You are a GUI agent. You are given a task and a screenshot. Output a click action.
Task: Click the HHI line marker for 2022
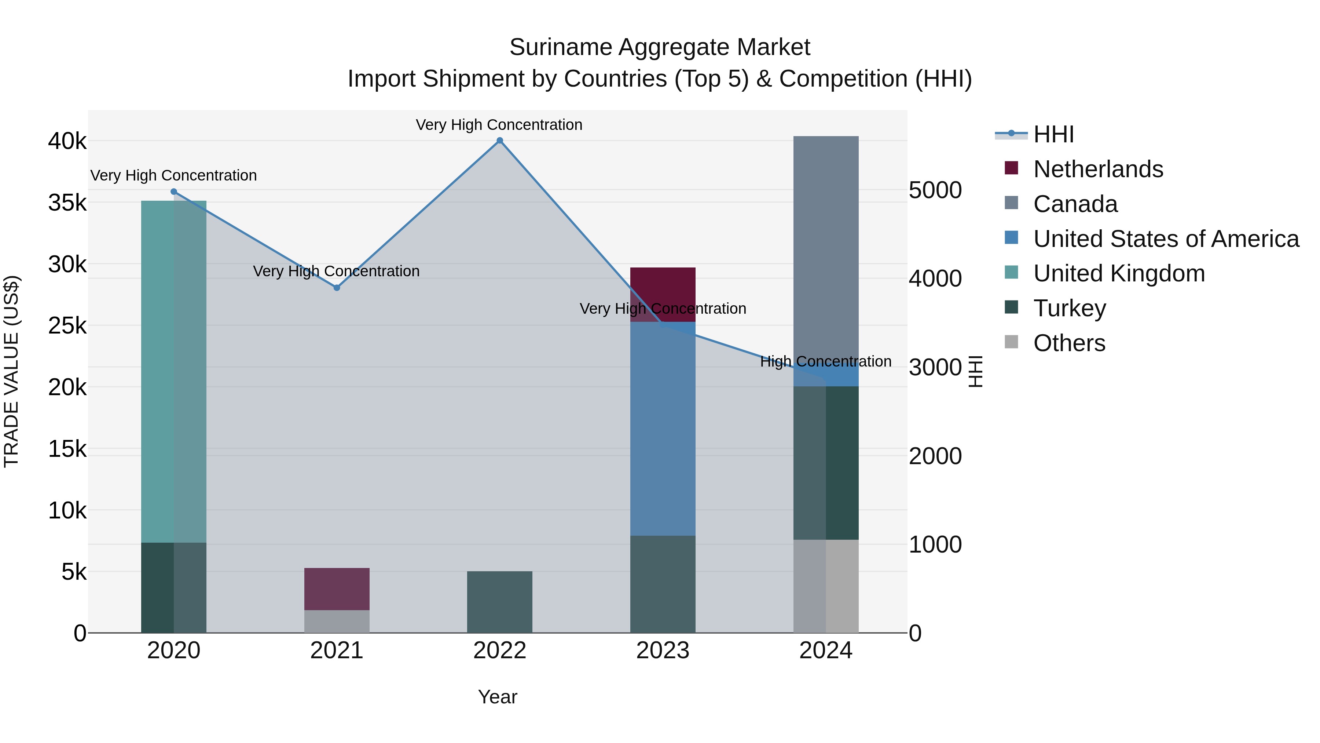point(500,141)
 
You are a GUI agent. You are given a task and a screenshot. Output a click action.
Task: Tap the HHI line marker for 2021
point(337,288)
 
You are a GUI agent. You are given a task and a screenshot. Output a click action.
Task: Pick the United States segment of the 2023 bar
point(663,428)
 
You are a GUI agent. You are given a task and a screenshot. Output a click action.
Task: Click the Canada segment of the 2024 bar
point(825,246)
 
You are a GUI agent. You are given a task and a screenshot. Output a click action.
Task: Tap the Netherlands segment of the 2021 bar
point(337,589)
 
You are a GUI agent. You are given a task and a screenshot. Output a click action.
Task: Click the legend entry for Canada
point(1075,204)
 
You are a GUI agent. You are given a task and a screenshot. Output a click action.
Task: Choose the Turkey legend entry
point(1070,308)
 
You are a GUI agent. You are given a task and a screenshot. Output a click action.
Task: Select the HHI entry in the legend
point(1053,134)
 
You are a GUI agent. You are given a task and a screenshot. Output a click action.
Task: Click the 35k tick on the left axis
point(67,203)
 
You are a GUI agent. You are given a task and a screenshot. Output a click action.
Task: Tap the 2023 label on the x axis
point(663,651)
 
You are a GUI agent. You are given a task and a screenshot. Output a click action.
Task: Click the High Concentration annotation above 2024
point(825,361)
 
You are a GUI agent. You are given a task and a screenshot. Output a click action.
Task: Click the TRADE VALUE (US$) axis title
point(11,371)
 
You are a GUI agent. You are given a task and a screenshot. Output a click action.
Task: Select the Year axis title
point(498,697)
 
